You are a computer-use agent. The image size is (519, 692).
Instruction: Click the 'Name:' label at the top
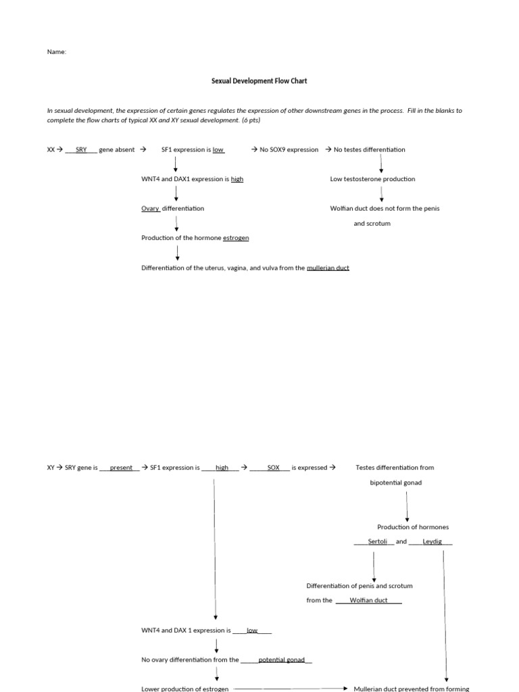click(57, 51)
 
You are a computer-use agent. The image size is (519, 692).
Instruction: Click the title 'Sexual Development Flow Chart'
click(259, 81)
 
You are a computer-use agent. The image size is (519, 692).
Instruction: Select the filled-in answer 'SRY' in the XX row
click(81, 150)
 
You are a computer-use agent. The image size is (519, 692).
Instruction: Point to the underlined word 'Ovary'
click(150, 209)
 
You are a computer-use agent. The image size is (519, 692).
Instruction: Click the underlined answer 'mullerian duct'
click(328, 268)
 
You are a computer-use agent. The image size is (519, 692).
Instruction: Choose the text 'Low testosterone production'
click(372, 179)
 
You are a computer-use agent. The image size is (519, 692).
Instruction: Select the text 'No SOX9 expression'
click(289, 150)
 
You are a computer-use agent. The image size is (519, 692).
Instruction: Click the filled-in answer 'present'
click(121, 468)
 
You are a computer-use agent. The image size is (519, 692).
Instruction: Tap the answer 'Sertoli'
click(377, 541)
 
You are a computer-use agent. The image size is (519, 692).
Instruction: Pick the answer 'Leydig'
click(432, 541)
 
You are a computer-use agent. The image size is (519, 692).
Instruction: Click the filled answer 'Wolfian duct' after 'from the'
click(368, 600)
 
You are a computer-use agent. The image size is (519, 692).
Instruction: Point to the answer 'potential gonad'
click(281, 660)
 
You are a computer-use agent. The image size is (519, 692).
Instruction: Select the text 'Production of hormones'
click(413, 527)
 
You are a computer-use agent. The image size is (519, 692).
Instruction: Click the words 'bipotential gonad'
click(396, 483)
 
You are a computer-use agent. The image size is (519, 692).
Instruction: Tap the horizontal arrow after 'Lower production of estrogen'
click(291, 689)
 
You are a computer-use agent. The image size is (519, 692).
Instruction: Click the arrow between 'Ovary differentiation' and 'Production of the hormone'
click(176, 224)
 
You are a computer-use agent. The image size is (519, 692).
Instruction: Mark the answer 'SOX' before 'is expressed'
click(273, 468)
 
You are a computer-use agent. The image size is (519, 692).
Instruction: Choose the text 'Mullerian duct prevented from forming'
click(412, 689)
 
